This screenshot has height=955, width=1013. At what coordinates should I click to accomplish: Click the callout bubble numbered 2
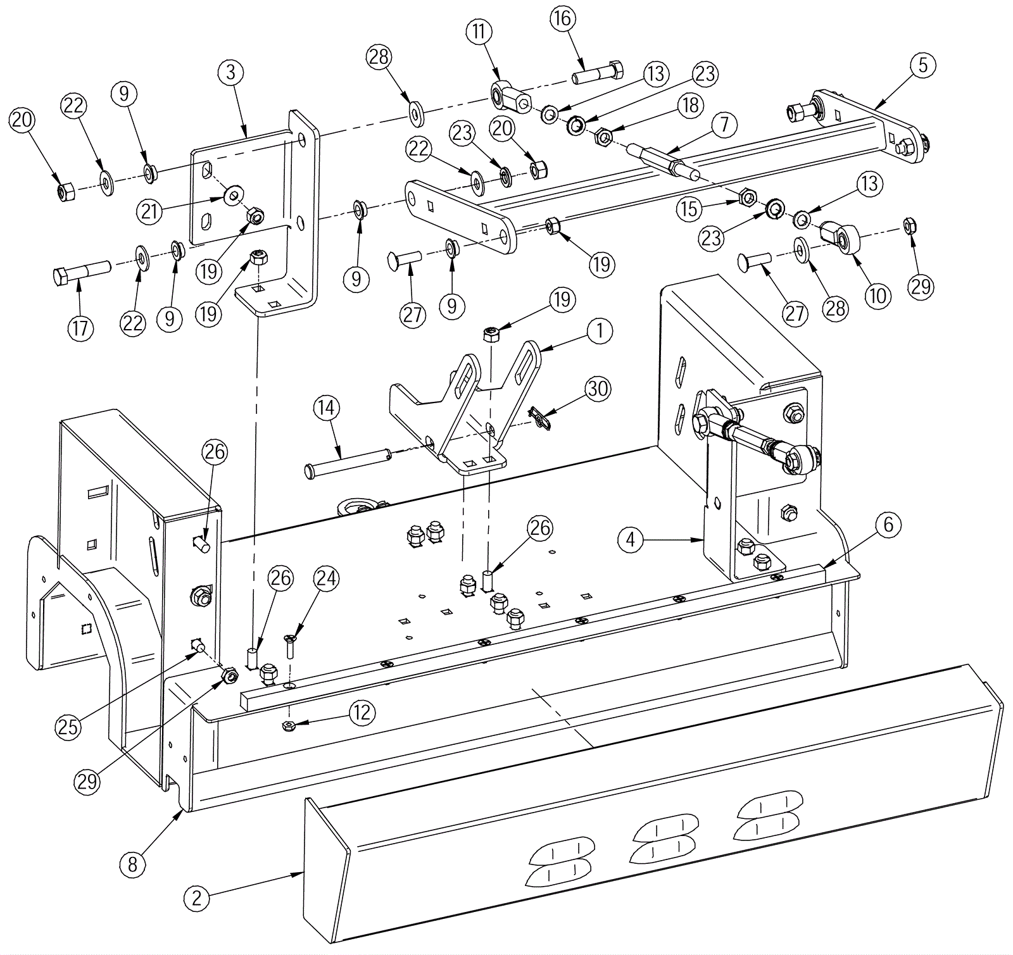pyautogui.click(x=197, y=897)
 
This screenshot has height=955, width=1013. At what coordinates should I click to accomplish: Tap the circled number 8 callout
pyautogui.click(x=132, y=864)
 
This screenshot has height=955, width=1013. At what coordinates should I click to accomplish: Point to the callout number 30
pyautogui.click(x=597, y=388)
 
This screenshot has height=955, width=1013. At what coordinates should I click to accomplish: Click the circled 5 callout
pyautogui.click(x=922, y=65)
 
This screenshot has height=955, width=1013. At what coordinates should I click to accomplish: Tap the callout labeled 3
pyautogui.click(x=230, y=72)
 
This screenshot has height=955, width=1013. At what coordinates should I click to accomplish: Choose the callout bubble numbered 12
pyautogui.click(x=362, y=713)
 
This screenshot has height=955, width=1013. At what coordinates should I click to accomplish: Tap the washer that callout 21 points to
pyautogui.click(x=234, y=191)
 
